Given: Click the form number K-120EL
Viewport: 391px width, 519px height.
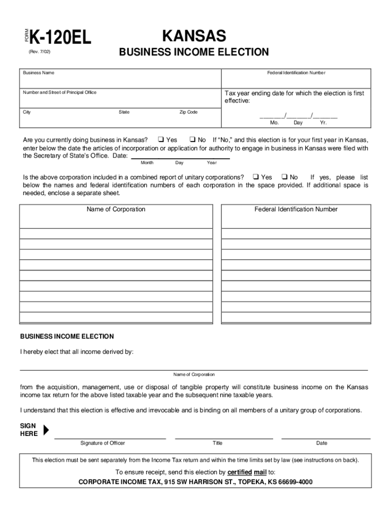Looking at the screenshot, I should pos(60,38).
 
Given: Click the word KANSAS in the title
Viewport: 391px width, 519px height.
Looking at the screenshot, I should pos(193,36).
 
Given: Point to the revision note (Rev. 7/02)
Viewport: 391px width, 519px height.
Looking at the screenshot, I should pos(39,52).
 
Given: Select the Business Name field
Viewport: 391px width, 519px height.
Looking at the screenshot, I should pos(120,81).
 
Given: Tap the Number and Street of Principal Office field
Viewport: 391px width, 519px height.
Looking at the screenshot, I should pos(120,99).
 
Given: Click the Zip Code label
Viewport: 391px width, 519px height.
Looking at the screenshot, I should pos(188,112).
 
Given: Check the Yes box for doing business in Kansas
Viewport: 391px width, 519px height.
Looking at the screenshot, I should pos(160,139).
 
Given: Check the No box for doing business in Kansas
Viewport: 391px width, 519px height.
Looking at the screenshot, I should pos(192,139).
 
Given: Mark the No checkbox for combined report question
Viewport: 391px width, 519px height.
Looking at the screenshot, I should pos(284,177).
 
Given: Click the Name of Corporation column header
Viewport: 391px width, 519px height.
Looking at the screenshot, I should pos(116,209).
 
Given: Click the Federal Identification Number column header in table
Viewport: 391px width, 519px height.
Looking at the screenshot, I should pos(296,209).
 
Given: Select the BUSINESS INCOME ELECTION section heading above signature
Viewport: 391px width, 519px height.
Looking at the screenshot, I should pos(67,337).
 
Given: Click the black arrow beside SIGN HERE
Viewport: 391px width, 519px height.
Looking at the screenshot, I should pos(46,430).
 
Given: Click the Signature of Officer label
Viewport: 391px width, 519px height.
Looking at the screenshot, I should pos(103,443).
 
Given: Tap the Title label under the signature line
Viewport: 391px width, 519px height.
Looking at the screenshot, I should pos(217,443).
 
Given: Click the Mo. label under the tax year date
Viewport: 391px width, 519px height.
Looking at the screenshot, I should pos(274,123).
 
